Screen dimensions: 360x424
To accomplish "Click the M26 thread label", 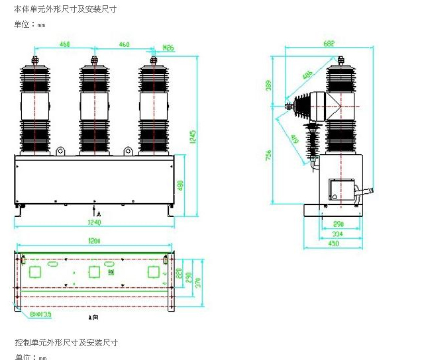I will click(168, 48).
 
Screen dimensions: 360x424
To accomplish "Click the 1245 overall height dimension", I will click(193, 136).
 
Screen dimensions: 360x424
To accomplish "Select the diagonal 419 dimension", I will click(293, 138).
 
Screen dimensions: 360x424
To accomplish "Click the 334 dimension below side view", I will click(338, 234).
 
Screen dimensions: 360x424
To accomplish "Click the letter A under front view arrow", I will click(98, 215).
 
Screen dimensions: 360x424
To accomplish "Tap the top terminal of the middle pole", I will click(94, 61).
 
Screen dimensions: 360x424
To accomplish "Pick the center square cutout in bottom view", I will click(94, 271).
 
